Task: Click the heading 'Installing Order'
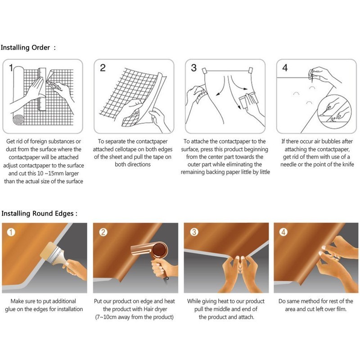point(25,48)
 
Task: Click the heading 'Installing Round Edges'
point(37,213)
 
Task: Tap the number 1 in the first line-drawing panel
point(11,68)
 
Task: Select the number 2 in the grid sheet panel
point(103,68)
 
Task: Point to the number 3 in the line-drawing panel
point(194,68)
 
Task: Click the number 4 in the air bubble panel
point(285,68)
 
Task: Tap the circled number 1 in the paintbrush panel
point(11,232)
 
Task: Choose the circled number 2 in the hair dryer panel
point(103,232)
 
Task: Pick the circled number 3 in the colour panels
point(194,232)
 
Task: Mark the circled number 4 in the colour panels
point(283,232)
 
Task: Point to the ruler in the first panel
point(42,89)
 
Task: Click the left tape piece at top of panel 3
point(205,71)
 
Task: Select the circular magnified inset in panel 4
point(334,111)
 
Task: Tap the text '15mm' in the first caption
point(54,173)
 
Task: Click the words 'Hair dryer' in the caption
point(155,309)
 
